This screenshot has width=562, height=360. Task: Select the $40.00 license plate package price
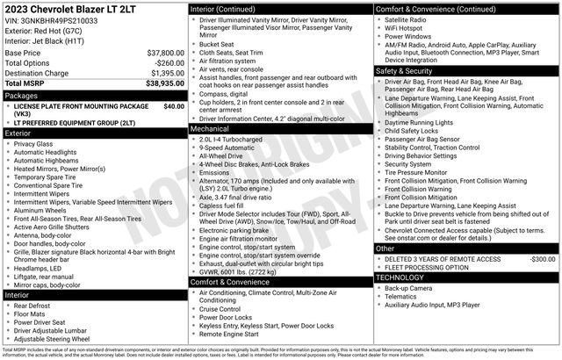coord(174,106)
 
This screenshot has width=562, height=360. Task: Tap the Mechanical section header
coord(214,128)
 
